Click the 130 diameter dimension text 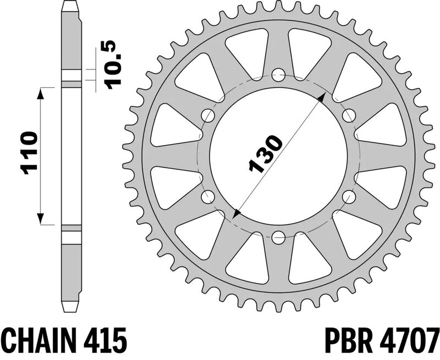(265, 154)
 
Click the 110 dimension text (28, 153)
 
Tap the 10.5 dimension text (113, 64)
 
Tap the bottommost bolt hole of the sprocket (278, 237)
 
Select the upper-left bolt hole (208, 115)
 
